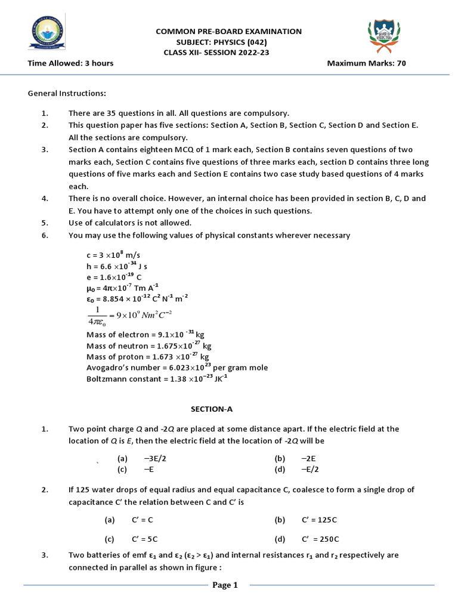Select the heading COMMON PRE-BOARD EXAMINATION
[x=228, y=31]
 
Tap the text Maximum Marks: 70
[x=366, y=63]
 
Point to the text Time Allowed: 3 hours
[x=70, y=63]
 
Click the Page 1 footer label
[x=225, y=585]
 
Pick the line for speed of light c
[x=113, y=255]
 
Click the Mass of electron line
[x=145, y=335]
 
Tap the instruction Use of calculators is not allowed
[x=129, y=223]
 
